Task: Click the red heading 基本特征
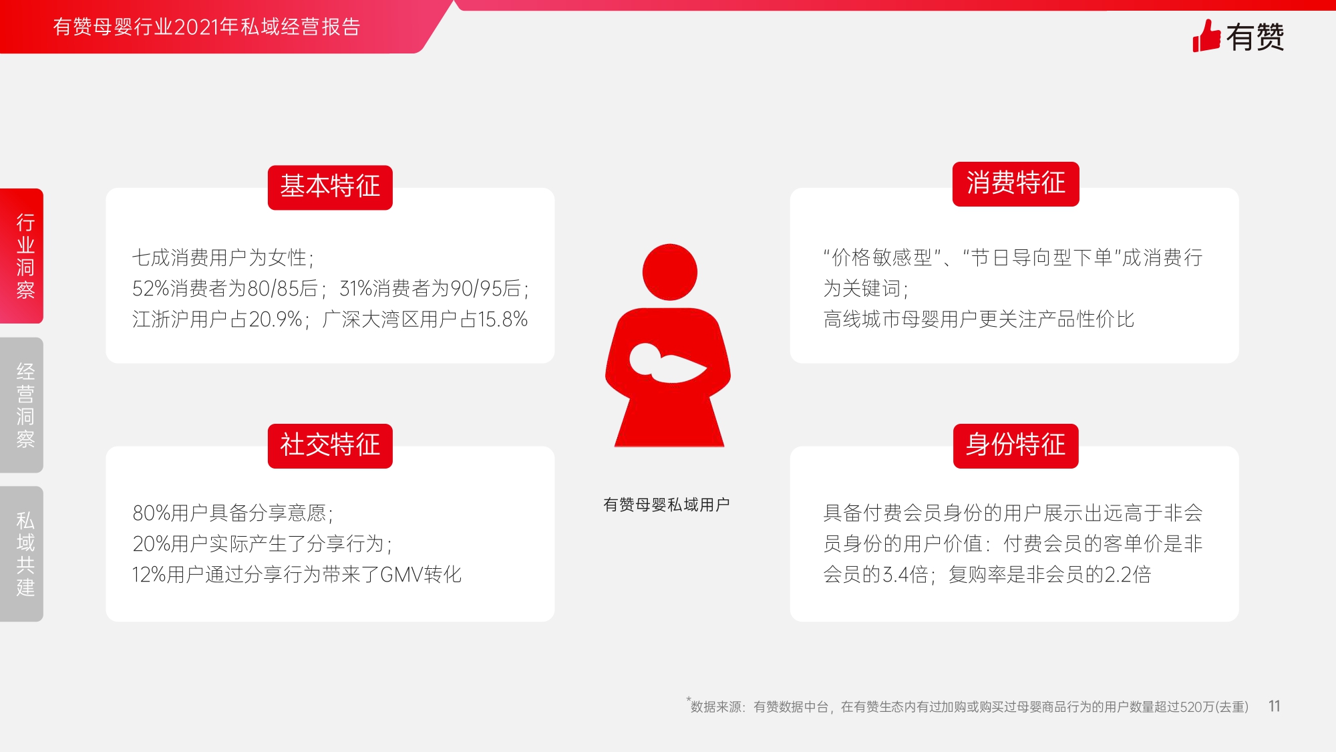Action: tap(330, 187)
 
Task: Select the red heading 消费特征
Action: tap(1015, 184)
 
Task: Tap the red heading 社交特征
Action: tap(330, 446)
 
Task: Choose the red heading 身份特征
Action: tap(1015, 446)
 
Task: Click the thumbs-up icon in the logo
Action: tap(1206, 36)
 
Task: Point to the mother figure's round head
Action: tap(669, 272)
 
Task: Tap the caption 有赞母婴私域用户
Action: tap(666, 505)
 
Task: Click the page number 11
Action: tap(1275, 707)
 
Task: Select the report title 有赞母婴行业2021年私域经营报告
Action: tap(207, 27)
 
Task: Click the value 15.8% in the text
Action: tap(502, 320)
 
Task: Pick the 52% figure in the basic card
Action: tap(151, 289)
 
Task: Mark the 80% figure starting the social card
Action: tap(152, 513)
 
